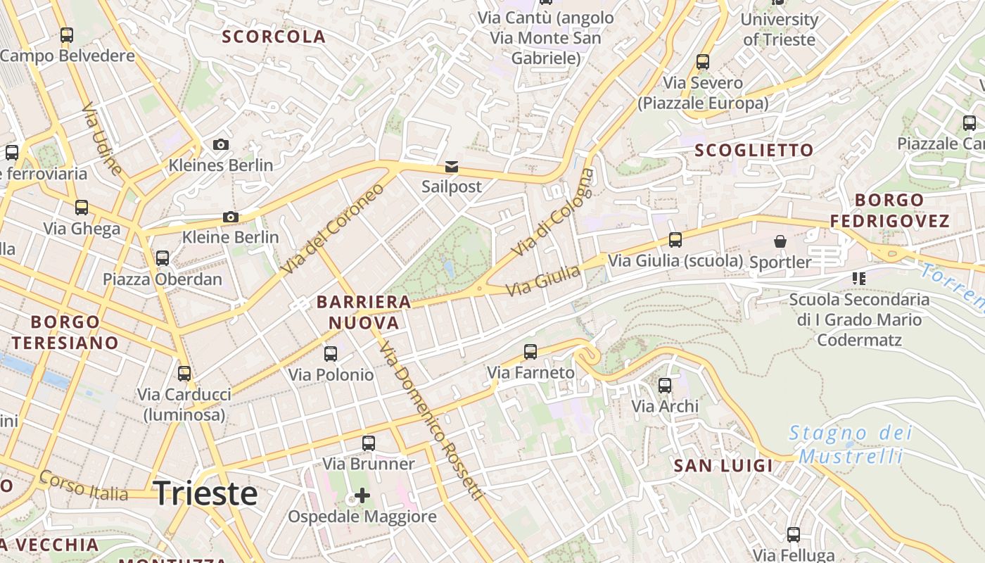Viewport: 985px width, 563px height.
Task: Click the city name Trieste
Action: pos(205,493)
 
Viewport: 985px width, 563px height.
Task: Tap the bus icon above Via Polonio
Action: pos(331,353)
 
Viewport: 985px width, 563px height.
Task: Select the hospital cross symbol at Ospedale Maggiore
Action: pos(362,495)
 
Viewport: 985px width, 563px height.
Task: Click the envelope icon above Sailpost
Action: pos(451,167)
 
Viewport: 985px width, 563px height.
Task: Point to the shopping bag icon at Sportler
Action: pos(780,242)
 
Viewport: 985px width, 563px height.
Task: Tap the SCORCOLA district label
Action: pos(274,37)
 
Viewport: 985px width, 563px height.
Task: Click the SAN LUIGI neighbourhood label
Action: pos(723,465)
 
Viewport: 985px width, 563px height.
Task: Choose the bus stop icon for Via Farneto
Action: pos(530,351)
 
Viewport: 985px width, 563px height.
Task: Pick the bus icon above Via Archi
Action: pos(665,385)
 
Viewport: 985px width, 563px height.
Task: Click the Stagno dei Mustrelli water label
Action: pos(850,444)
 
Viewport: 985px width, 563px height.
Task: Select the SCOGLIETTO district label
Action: pos(754,150)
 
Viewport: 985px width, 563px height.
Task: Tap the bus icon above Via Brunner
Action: pos(369,443)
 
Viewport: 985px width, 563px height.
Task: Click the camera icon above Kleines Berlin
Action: pos(221,144)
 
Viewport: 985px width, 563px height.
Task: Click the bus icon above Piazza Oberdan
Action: pos(163,258)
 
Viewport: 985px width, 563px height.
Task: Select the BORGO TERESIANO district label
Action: pos(65,332)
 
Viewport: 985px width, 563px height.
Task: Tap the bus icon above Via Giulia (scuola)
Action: pos(675,239)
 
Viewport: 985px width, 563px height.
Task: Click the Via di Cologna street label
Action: pos(553,212)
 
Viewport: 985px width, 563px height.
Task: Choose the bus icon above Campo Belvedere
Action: pos(67,34)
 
